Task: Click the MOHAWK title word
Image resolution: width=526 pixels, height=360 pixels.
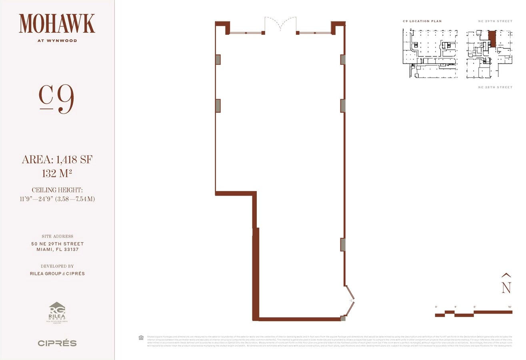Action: point(57,24)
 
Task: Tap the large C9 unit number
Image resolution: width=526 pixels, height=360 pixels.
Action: point(57,100)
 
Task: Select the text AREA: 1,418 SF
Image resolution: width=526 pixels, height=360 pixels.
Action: point(57,160)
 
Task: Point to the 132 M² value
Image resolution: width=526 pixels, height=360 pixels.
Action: point(57,174)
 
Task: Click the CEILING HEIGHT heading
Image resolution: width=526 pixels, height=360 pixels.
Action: point(57,190)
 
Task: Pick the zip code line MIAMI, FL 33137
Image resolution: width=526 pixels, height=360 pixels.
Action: point(57,250)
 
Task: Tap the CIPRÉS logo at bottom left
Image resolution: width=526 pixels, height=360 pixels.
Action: point(57,343)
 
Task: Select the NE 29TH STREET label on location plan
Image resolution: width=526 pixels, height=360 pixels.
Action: point(495,21)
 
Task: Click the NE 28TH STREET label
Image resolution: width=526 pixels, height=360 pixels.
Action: point(495,87)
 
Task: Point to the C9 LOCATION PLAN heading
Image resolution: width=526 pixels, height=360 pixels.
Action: point(422,21)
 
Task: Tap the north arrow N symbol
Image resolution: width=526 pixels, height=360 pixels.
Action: point(506,284)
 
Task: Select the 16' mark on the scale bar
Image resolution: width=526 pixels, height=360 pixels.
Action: point(510,307)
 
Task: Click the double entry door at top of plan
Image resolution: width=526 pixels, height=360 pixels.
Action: point(280,25)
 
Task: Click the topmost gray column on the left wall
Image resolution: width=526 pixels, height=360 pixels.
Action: point(218,60)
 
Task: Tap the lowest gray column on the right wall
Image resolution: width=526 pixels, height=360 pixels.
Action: point(343,244)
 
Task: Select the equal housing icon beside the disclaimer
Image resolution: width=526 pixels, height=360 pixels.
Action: point(141,338)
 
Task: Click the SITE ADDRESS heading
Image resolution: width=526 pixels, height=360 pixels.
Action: point(57,236)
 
